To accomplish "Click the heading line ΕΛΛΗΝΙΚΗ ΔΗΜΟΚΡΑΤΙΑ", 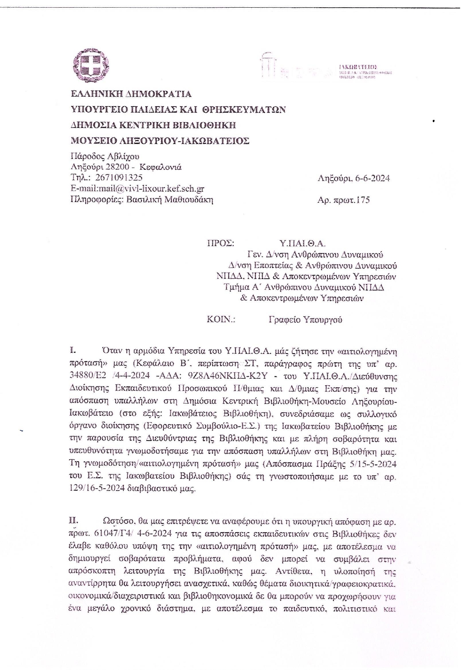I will coord(131,94).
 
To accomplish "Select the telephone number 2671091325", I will coord(118,178).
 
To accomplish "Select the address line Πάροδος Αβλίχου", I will coord(105,156).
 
